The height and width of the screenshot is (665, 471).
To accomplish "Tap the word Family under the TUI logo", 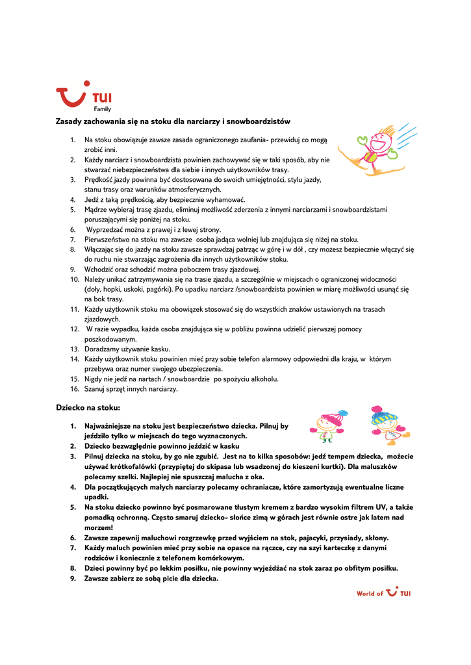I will pyautogui.click(x=102, y=109).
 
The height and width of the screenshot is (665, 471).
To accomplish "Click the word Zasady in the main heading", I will pyautogui.click(x=69, y=121).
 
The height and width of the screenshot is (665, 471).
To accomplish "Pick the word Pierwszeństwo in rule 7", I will pyautogui.click(x=107, y=239).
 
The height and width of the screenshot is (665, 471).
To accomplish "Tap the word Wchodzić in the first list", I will pyautogui.click(x=100, y=269).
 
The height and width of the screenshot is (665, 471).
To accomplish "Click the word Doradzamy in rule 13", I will pyautogui.click(x=103, y=349).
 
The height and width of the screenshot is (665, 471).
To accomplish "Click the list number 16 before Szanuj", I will pyautogui.click(x=74, y=389).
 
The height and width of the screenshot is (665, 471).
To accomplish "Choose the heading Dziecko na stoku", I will pyautogui.click(x=88, y=408).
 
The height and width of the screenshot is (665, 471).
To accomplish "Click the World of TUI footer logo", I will pyautogui.click(x=383, y=592).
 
